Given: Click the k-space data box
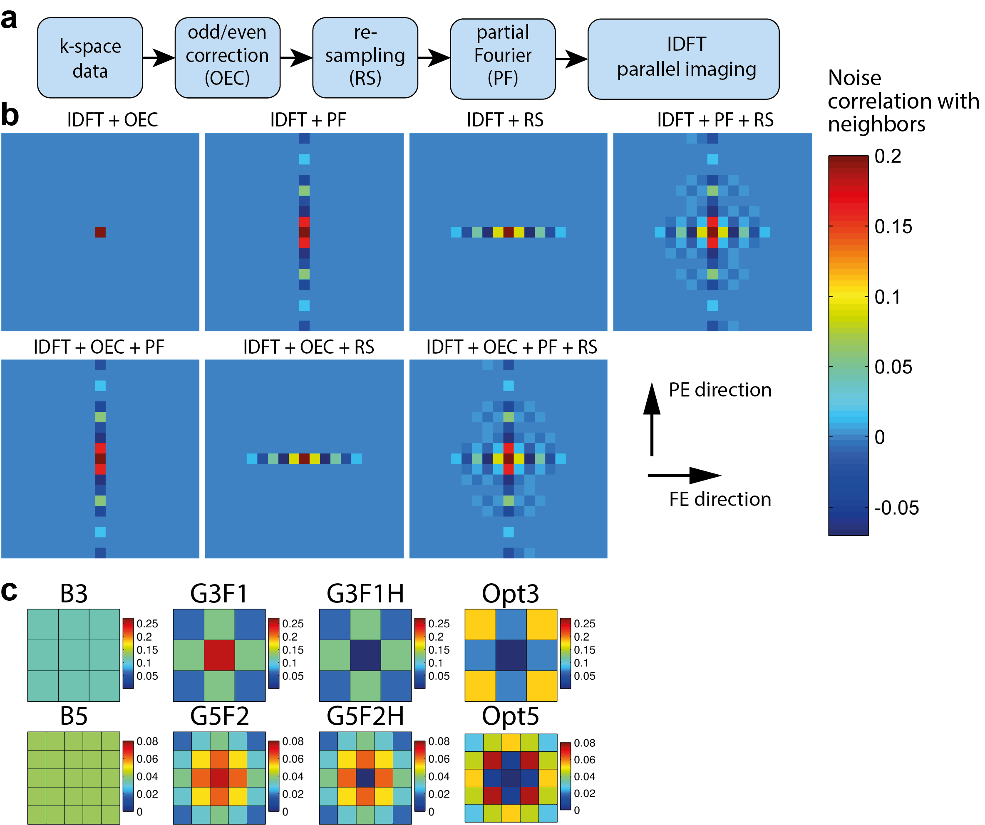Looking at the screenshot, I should (90, 58).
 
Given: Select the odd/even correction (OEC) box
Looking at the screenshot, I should (228, 57).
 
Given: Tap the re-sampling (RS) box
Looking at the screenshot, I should (365, 57).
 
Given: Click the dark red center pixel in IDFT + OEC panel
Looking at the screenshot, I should (100, 232).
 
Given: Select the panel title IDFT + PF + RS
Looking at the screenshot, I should (715, 120).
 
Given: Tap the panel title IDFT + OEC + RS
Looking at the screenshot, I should (308, 347).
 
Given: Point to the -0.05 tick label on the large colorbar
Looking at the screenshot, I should (896, 508).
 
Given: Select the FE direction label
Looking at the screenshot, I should (720, 499).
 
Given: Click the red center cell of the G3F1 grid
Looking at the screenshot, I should (219, 655).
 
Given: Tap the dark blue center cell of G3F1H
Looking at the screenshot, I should (365, 655).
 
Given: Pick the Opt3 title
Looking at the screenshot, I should (510, 593).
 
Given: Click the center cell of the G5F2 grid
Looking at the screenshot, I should (219, 778).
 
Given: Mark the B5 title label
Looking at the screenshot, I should (74, 716).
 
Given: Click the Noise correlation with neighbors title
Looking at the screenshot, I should (903, 101).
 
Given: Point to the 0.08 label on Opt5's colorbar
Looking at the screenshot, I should (584, 743).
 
